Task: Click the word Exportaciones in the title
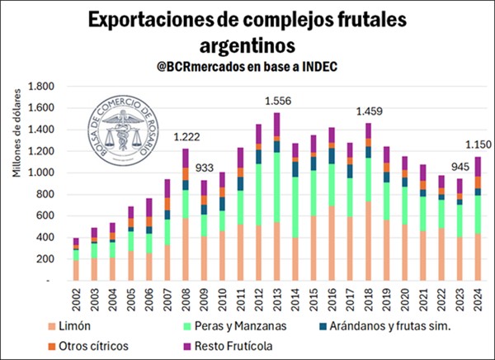tap(146, 19)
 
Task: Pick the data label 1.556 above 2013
tap(276, 101)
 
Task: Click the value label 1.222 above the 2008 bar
tap(186, 137)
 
